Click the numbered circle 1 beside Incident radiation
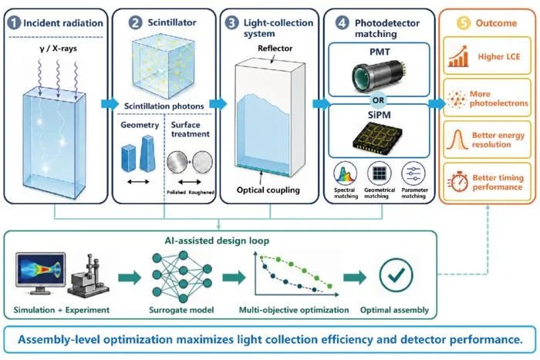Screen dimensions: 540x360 point(14,23)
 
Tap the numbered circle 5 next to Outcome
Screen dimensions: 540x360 point(464,23)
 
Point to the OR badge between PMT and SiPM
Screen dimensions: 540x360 point(378,100)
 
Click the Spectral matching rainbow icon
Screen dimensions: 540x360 point(345,173)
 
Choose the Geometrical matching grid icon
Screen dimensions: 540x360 point(380,173)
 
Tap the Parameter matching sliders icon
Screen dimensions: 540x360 point(413,173)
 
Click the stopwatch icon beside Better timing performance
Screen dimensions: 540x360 point(458,181)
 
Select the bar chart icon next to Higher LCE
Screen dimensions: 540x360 point(458,56)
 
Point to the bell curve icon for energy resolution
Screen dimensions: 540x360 point(457,140)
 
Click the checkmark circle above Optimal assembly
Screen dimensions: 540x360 point(396,275)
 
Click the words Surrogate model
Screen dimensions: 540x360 point(181,310)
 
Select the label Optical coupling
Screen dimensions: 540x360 point(268,190)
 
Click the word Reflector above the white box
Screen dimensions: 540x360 point(275,49)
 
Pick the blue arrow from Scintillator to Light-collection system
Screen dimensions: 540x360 point(218,103)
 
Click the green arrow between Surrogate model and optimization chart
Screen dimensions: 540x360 point(235,277)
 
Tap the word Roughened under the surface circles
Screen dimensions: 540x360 point(201,192)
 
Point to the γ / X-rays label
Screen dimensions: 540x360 point(58,49)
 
